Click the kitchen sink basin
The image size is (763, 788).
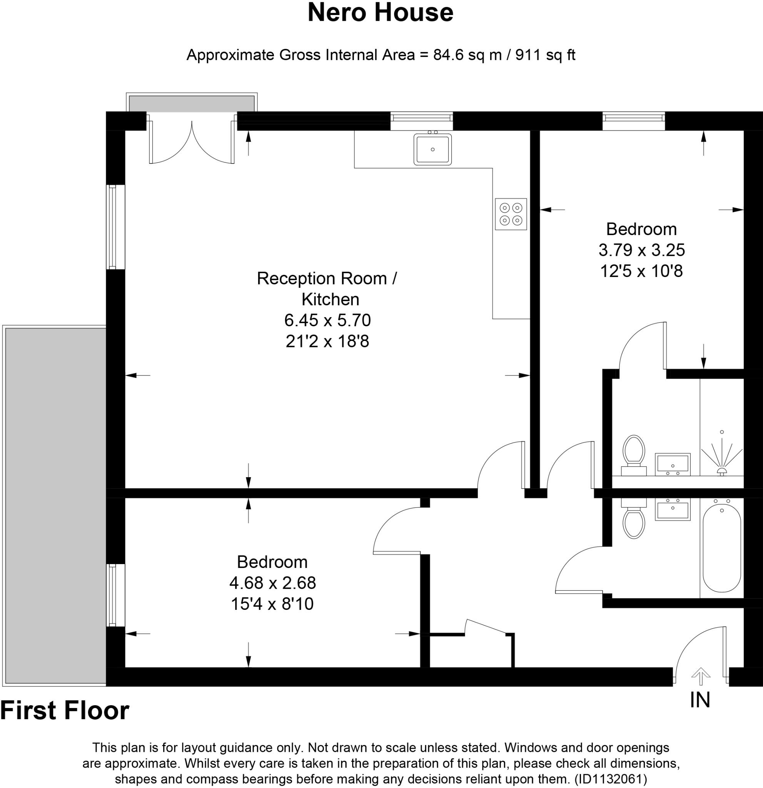pyautogui.click(x=432, y=149)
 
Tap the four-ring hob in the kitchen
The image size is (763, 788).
pyautogui.click(x=511, y=214)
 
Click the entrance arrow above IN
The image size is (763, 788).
pyautogui.click(x=701, y=676)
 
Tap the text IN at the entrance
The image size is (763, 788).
pyautogui.click(x=700, y=700)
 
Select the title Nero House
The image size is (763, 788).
pyautogui.click(x=381, y=12)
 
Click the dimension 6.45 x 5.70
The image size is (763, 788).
pyautogui.click(x=327, y=321)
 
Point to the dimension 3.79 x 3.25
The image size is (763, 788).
pyautogui.click(x=641, y=250)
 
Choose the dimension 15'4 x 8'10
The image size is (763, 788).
pyautogui.click(x=272, y=604)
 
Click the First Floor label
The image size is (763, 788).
pyautogui.click(x=65, y=710)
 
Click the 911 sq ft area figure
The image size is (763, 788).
pyautogui.click(x=545, y=55)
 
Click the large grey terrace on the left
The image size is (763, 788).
pyautogui.click(x=55, y=505)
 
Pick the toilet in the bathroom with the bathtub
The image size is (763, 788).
pyautogui.click(x=634, y=519)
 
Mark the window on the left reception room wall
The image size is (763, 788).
pyautogui.click(x=116, y=227)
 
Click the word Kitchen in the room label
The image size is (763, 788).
pyautogui.click(x=331, y=299)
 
